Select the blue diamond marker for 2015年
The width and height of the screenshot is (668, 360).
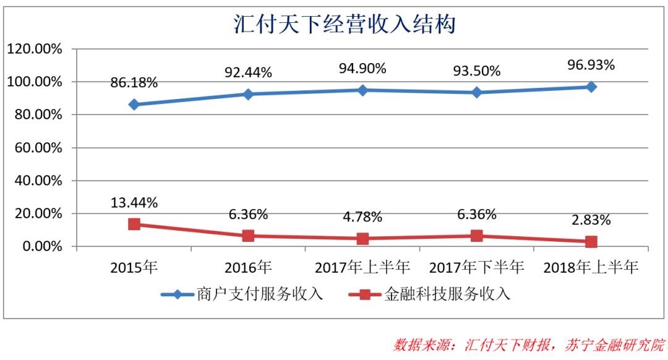(x=134, y=105)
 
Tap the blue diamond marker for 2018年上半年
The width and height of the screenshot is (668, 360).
(x=591, y=87)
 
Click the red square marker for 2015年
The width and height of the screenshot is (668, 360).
(x=134, y=224)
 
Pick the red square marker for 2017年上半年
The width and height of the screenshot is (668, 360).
(x=362, y=239)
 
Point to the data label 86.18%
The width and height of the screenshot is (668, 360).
(x=134, y=82)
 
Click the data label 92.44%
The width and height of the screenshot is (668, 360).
(x=248, y=72)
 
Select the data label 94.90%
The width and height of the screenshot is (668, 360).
(x=362, y=68)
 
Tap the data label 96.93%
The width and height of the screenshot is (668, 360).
(x=591, y=64)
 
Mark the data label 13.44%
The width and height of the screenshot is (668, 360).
(x=134, y=202)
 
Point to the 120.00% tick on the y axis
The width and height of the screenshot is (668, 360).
(x=34, y=49)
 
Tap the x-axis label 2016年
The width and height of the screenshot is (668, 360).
(x=248, y=267)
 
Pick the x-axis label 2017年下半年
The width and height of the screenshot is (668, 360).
(x=477, y=267)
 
